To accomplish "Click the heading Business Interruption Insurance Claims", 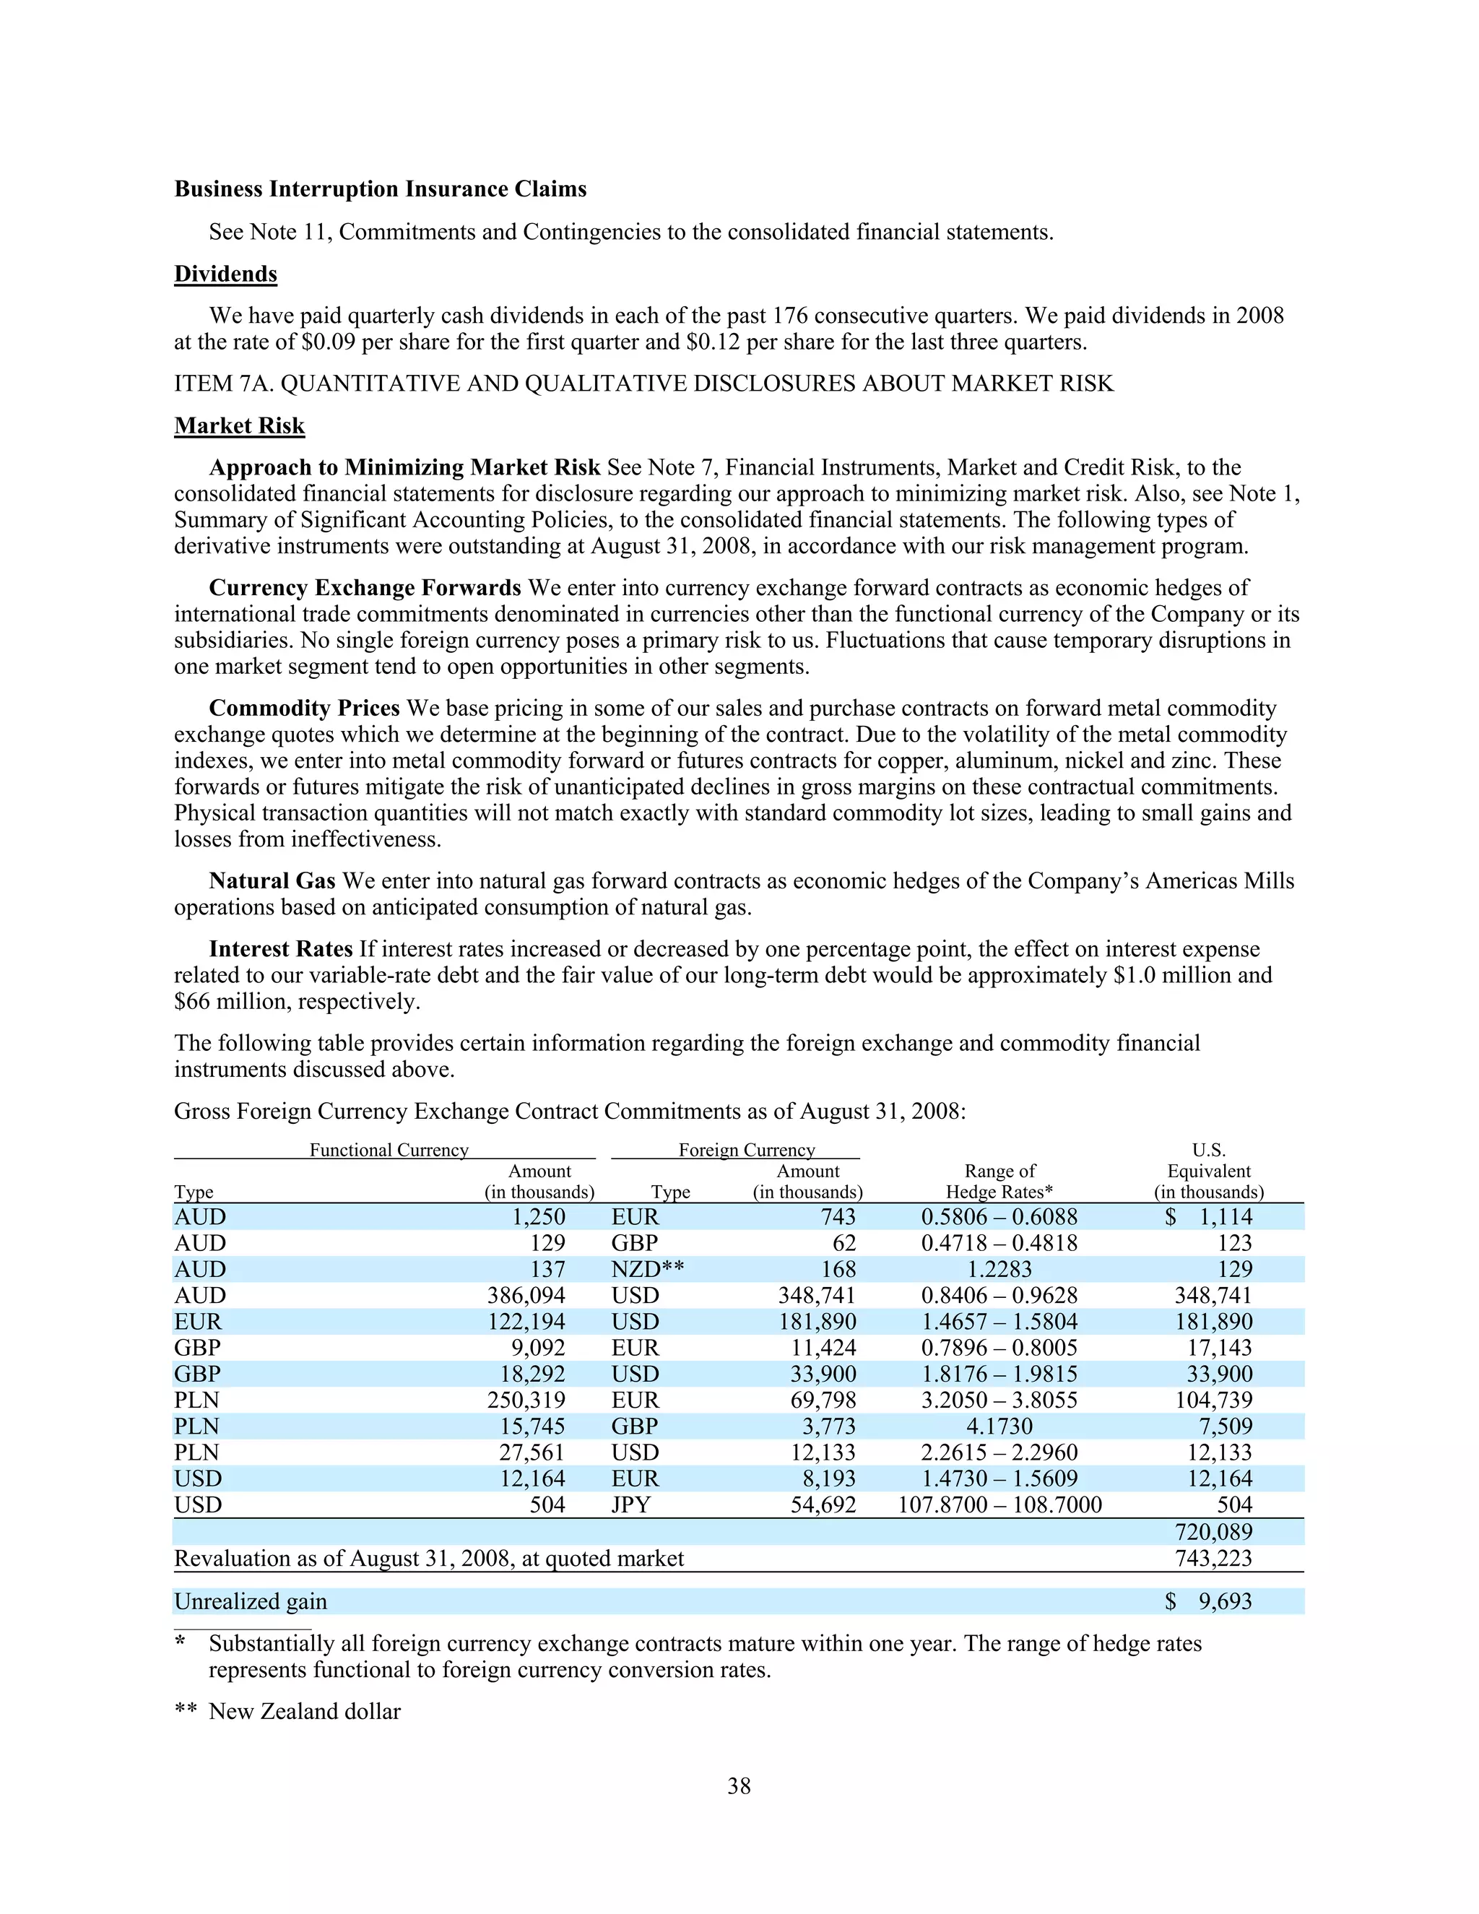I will pyautogui.click(x=381, y=189).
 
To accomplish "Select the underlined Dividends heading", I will pyautogui.click(x=225, y=274).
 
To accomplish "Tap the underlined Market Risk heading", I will pyautogui.click(x=239, y=426).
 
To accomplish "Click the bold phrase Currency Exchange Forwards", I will pyautogui.click(x=365, y=588).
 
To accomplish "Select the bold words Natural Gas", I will pyautogui.click(x=272, y=880).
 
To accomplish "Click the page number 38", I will pyautogui.click(x=739, y=1786).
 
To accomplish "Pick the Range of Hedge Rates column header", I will pyautogui.click(x=999, y=1182).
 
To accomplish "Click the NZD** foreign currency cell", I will pyautogui.click(x=648, y=1269).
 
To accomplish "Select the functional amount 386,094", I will pyautogui.click(x=526, y=1295).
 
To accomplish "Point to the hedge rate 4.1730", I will pyautogui.click(x=999, y=1426).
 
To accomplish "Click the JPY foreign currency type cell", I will pyautogui.click(x=631, y=1504).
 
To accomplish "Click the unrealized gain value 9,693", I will pyautogui.click(x=1225, y=1602).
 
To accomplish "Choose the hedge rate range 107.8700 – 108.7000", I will pyautogui.click(x=999, y=1504).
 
